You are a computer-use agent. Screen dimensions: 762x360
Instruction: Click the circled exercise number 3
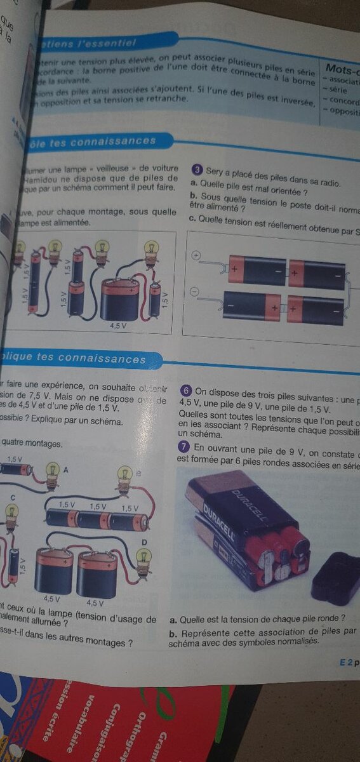click(197, 170)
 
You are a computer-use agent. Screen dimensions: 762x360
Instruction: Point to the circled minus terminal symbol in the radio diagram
click(194, 291)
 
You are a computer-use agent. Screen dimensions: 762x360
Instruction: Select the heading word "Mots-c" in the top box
click(342, 68)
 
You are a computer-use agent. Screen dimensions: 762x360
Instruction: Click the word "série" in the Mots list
click(337, 90)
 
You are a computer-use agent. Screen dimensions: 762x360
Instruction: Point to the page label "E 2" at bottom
click(345, 662)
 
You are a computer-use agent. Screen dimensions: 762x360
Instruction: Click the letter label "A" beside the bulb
click(66, 469)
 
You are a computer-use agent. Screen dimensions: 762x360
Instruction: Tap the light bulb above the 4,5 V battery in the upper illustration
click(150, 250)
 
